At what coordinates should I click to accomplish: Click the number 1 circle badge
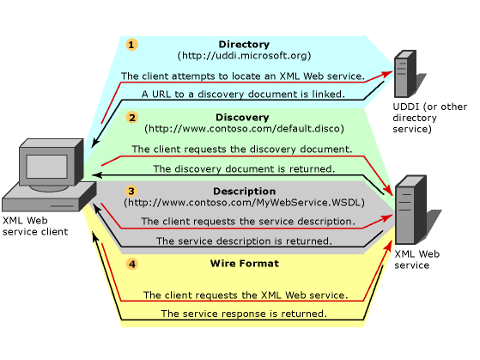coord(131,45)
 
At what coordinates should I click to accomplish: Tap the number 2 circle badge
coord(131,118)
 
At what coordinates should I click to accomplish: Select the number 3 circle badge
coord(131,191)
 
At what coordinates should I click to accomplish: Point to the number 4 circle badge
coord(131,264)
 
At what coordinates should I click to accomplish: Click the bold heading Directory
coord(244,45)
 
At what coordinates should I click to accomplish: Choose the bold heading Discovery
coord(244,118)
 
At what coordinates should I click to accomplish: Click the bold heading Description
coord(244,191)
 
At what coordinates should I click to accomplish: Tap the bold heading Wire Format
coord(244,264)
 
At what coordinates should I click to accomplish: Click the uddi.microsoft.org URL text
coord(244,56)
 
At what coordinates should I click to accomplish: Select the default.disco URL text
coord(244,129)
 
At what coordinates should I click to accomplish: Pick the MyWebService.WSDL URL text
coord(244,203)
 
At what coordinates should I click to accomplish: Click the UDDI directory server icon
coord(404,76)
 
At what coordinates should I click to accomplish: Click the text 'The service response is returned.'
coord(244,314)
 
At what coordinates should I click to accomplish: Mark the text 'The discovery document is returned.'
coord(244,168)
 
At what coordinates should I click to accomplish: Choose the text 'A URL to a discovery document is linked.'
coord(244,94)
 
